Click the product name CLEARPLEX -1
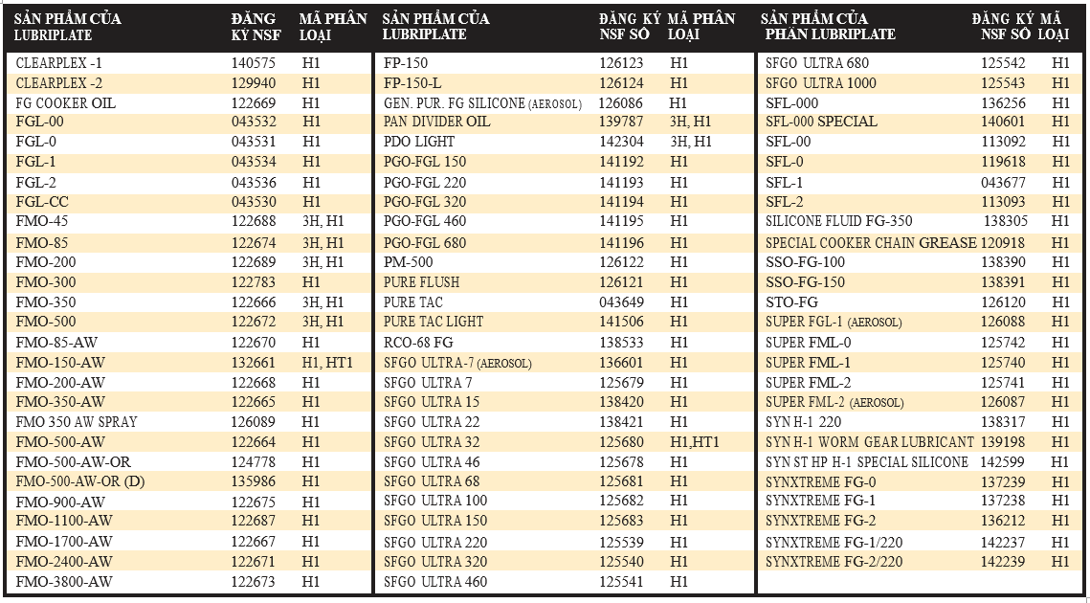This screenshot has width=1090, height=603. coord(59,63)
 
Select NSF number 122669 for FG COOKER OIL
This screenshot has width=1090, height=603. coord(254,103)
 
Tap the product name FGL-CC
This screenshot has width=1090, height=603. coord(42,202)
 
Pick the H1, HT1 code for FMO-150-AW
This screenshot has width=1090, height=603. coord(327,363)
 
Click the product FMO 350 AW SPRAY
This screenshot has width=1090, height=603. coord(77,421)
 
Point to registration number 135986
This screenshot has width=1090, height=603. coord(254,481)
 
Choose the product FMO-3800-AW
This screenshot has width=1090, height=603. coord(64,581)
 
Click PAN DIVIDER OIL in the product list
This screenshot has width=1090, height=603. coord(436,122)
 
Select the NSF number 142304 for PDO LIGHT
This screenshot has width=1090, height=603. coord(621,142)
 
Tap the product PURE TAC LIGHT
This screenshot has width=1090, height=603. coord(434,322)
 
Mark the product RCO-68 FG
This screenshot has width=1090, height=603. coord(418,343)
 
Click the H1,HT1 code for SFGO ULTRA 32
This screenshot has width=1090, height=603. coord(695,442)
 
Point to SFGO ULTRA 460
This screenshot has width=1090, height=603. coord(435,581)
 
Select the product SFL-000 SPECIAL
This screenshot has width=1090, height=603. coord(821,122)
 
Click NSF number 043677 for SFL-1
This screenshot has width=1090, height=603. coord(1003,183)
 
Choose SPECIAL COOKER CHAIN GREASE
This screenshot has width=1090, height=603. coord(871,243)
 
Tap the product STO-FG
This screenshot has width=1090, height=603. coord(791,302)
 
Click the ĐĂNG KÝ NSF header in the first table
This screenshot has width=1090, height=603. coord(254,27)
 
